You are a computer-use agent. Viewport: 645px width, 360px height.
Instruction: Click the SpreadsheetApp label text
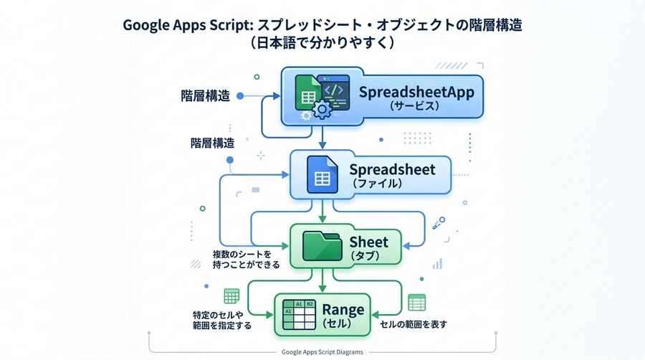[416, 93]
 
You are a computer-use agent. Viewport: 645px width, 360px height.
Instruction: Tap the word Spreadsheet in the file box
[392, 169]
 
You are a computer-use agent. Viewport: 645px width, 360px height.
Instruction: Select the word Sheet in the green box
[368, 242]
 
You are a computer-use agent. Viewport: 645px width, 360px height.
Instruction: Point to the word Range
[343, 309]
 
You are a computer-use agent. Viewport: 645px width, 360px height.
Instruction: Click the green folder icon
[322, 246]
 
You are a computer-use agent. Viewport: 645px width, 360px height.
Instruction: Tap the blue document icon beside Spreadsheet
[322, 174]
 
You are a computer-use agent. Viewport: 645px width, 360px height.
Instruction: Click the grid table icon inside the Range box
[299, 315]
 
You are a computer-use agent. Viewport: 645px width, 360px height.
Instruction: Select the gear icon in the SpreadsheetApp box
[322, 110]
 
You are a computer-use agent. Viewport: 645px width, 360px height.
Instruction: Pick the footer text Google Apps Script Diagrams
[322, 352]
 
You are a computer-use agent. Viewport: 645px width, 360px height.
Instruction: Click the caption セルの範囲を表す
[413, 324]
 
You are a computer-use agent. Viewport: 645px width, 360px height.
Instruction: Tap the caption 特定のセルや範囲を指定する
[221, 320]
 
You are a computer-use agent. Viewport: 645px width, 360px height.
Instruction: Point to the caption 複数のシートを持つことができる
[246, 259]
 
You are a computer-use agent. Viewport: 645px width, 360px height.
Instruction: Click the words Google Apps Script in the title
[188, 25]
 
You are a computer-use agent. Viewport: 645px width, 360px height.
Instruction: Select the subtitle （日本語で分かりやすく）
[322, 42]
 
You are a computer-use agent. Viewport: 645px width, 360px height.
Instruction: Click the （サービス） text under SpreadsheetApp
[414, 105]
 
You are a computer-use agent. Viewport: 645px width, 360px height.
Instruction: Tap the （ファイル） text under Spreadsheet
[377, 183]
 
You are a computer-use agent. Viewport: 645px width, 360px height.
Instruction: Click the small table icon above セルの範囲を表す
[416, 303]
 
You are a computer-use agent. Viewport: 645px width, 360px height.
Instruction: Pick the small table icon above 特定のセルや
[231, 296]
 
